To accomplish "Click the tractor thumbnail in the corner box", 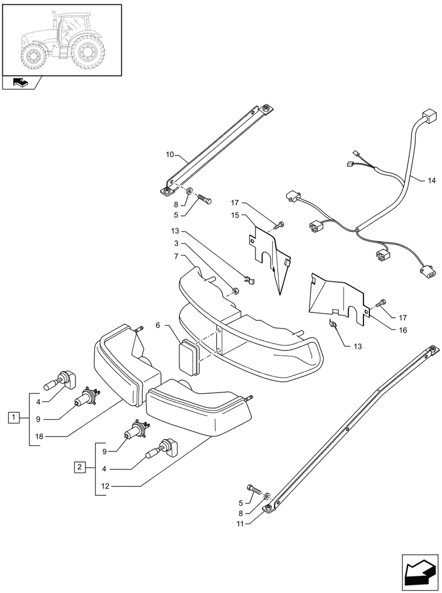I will click(62, 40).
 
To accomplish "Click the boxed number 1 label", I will click(13, 418).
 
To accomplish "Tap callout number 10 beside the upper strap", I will click(170, 155).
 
